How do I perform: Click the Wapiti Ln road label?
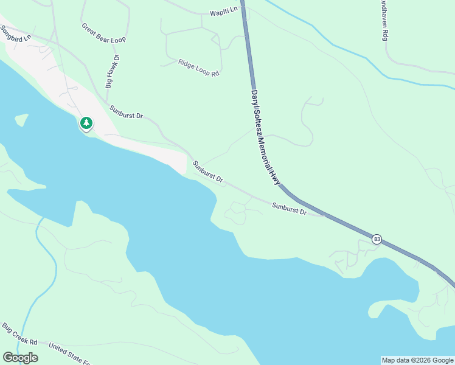click(223, 12)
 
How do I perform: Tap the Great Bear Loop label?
click(103, 33)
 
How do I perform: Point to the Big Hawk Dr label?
click(113, 72)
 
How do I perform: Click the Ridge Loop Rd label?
click(198, 68)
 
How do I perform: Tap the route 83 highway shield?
click(377, 238)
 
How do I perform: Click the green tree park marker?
click(86, 123)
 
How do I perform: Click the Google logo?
click(20, 358)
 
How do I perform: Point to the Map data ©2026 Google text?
click(417, 360)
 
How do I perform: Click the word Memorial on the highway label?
click(266, 148)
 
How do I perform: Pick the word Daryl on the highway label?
click(254, 99)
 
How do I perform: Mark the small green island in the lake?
click(21, 119)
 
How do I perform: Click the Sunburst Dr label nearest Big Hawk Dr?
click(126, 111)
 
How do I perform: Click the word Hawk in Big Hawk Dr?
click(112, 72)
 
